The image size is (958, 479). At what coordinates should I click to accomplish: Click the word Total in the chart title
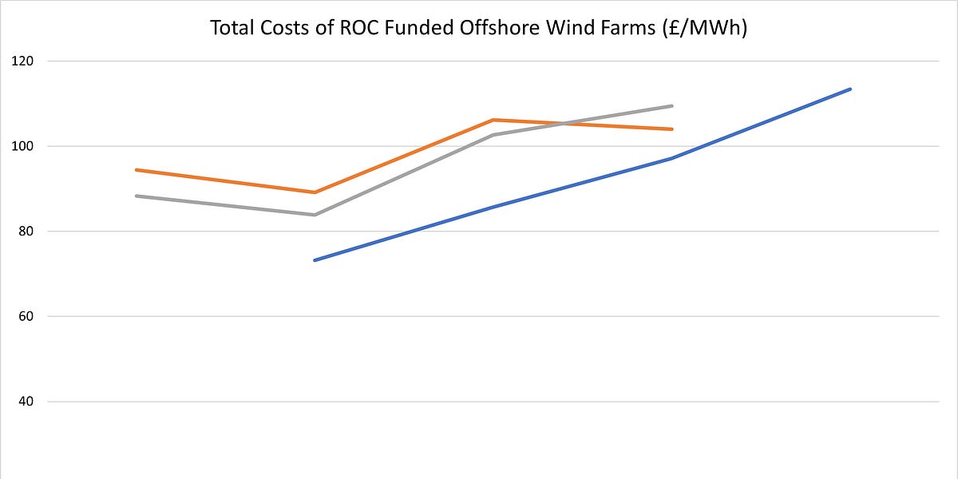[232, 28]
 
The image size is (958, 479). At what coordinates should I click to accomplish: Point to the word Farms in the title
[629, 28]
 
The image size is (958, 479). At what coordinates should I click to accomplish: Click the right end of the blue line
[851, 89]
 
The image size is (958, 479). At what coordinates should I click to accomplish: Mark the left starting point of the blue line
[315, 260]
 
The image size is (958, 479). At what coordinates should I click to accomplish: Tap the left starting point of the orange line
[136, 169]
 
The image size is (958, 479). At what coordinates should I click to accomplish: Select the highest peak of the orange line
[493, 120]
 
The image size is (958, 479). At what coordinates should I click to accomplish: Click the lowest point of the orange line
[315, 192]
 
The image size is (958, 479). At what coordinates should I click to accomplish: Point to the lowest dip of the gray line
[315, 215]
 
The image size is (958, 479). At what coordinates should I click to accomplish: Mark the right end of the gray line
[672, 105]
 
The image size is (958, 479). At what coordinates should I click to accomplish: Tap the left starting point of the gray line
[136, 196]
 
